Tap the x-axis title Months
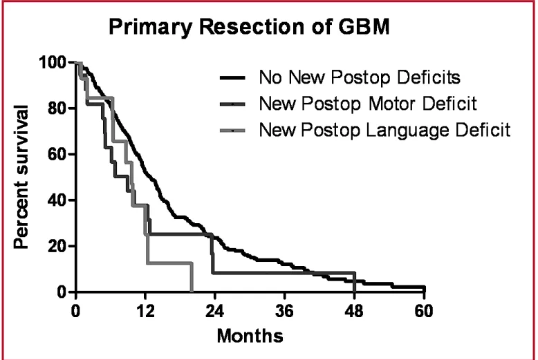point(250,337)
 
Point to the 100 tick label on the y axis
point(53,63)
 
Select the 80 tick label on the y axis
point(57,108)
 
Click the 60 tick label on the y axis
point(57,154)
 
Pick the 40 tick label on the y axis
point(57,200)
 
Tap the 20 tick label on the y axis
point(57,246)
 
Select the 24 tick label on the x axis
point(214,310)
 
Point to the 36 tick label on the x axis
point(284,310)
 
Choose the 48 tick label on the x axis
point(354,310)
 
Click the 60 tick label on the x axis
point(424,310)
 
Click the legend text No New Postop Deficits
point(359,76)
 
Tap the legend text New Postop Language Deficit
point(384,130)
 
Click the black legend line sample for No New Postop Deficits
point(234,77)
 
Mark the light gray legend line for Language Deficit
point(234,130)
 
